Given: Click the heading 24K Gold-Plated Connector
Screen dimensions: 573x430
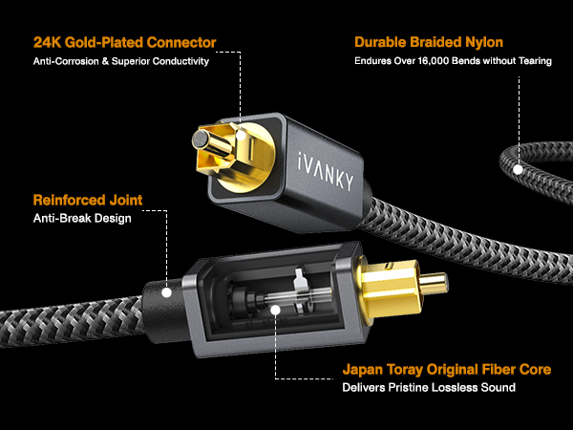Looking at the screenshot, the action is coord(124,42).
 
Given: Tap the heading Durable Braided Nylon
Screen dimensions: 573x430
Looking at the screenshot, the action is coord(429,42).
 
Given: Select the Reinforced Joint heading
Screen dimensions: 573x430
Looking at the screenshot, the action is coord(88,200).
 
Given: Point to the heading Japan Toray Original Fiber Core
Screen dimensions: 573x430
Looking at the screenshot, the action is coord(447,369).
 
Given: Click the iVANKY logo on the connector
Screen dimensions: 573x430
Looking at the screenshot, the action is coord(326,171).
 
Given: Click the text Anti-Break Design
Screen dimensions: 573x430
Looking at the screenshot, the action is coord(82,218).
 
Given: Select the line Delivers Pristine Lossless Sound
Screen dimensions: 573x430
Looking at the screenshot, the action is coord(429,387).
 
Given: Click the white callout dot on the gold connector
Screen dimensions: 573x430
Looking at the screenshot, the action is coord(241,135).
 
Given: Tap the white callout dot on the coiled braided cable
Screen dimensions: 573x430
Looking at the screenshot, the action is coord(518,170).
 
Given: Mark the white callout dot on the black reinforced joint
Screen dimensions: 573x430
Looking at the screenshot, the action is coord(166,292).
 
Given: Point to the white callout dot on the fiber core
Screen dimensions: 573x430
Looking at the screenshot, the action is coord(276,310).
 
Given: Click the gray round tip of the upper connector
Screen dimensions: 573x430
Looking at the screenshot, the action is coord(200,140).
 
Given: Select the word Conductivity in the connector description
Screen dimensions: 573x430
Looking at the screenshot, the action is coord(180,61).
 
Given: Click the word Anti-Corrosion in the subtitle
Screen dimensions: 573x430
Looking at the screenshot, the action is coord(66,61).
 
